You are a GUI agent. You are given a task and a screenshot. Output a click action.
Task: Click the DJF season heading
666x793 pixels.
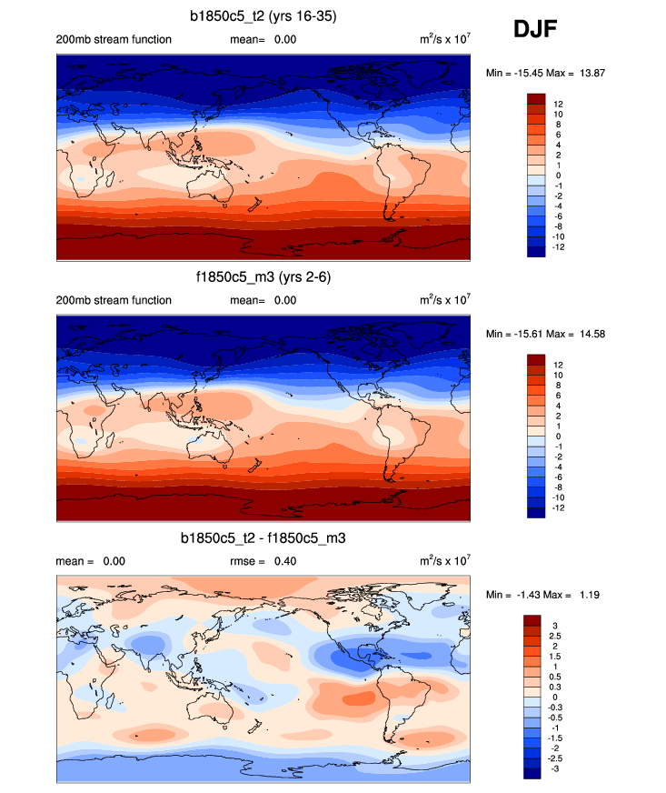[x=535, y=31]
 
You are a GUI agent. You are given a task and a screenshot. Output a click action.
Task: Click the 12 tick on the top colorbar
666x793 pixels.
[x=559, y=104]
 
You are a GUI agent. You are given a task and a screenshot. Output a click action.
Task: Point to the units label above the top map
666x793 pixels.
[x=444, y=39]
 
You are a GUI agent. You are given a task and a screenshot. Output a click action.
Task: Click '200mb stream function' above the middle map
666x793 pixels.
[x=114, y=300]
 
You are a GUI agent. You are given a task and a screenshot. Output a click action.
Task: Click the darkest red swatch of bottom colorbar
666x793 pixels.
[x=533, y=620]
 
